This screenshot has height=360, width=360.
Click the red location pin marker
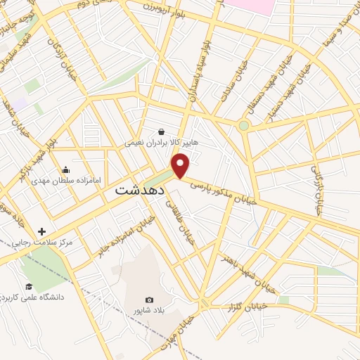pyautogui.click(x=181, y=165)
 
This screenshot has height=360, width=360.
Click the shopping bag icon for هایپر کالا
pyautogui.click(x=162, y=131)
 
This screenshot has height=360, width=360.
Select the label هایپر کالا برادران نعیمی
pyautogui.click(x=162, y=142)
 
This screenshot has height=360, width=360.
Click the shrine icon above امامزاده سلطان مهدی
pyautogui.click(x=65, y=169)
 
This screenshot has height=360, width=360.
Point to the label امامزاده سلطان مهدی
pyautogui.click(x=65, y=181)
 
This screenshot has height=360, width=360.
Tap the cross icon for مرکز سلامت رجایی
pyautogui.click(x=41, y=231)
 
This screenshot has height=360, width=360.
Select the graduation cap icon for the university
pyautogui.click(x=29, y=286)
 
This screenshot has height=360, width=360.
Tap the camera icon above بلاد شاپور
pyautogui.click(x=148, y=300)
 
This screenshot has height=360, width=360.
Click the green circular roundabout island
pyautogui.click(x=243, y=126)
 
